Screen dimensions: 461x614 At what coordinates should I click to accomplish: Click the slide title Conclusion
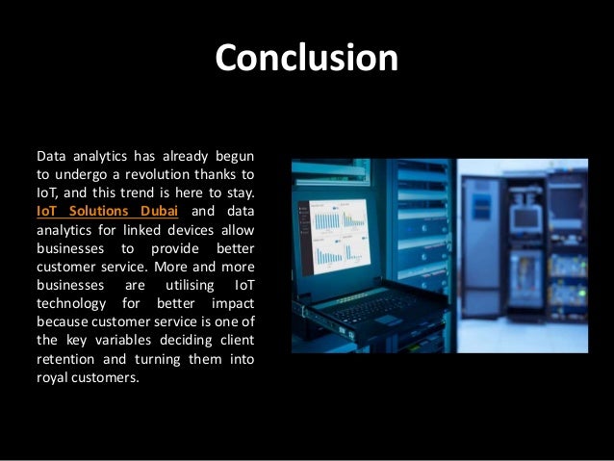click(x=306, y=58)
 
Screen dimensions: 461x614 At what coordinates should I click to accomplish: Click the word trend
click(x=139, y=192)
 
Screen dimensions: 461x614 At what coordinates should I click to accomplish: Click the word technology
click(x=68, y=303)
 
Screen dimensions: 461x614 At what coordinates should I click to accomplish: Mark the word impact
click(x=235, y=303)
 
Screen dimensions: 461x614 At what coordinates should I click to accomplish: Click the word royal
click(x=51, y=376)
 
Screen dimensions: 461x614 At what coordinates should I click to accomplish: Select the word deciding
click(x=195, y=340)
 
